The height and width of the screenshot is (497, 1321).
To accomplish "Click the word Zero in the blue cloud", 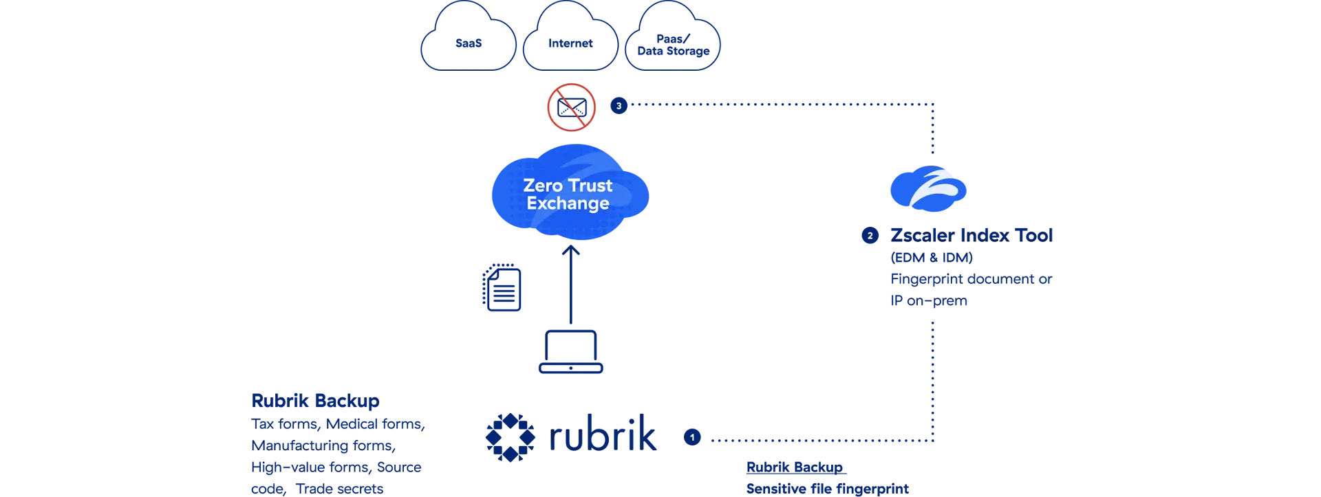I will [x=542, y=186].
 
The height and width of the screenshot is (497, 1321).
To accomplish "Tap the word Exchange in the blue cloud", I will [x=568, y=203].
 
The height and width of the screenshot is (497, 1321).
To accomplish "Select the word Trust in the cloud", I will [x=590, y=186].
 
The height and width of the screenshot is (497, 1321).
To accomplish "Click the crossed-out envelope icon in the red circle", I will [x=571, y=107].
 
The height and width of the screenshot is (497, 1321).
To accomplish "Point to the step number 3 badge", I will [x=619, y=106].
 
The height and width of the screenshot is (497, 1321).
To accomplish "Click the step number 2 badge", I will [x=870, y=236].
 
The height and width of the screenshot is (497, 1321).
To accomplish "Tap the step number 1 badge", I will [x=692, y=437].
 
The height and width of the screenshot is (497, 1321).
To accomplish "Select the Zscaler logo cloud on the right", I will [x=928, y=188].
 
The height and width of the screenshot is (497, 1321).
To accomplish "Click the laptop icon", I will [x=570, y=352].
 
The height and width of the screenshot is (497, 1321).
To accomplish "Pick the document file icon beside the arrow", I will [x=502, y=287].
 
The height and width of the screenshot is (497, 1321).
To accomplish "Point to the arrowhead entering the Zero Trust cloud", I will [x=570, y=252].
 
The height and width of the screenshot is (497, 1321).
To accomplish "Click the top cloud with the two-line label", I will [x=673, y=41].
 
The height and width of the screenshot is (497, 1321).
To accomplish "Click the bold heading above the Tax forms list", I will [x=314, y=400].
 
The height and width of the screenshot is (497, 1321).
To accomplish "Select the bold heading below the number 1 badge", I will [x=795, y=467].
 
